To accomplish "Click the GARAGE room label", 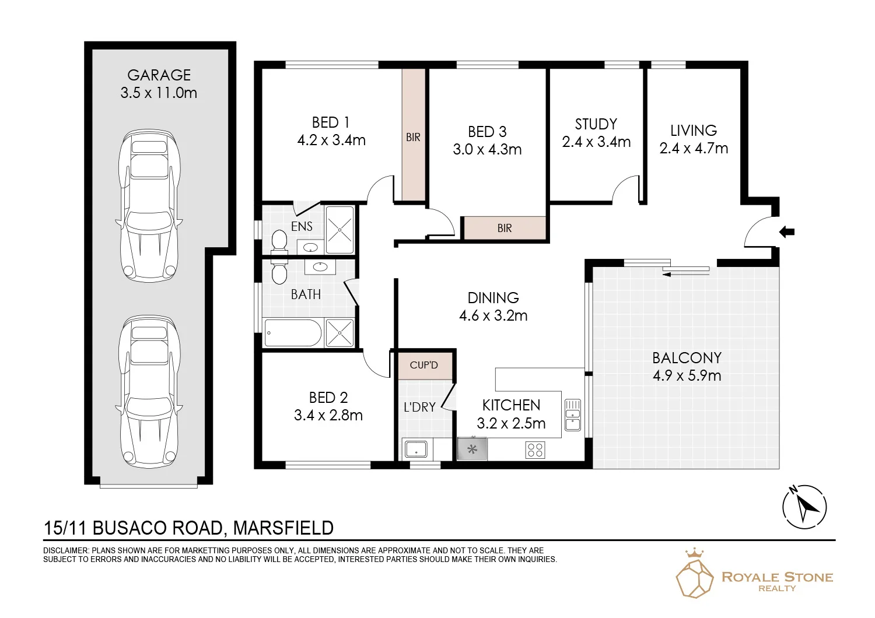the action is tap(159, 75).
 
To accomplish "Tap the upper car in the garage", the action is tap(149, 206).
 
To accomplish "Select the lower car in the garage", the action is tap(149, 392).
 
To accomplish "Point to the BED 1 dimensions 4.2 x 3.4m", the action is tap(331, 140).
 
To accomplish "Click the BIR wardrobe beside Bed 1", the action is tap(414, 135).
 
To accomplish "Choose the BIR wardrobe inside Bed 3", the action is tap(505, 228).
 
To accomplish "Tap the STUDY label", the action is tap(596, 124).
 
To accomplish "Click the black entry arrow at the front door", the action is tap(787, 232).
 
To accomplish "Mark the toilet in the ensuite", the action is tap(279, 240).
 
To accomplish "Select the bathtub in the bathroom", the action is tap(293, 333).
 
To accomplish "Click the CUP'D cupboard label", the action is tap(424, 365).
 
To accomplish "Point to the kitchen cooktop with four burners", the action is tap(535, 450).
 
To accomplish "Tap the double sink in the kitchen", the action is tap(573, 415).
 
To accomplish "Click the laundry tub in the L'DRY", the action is tap(416, 449).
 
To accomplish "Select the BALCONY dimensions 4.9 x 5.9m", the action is tap(687, 375).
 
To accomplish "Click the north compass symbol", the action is tap(804, 507).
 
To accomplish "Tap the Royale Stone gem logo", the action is tap(695, 574).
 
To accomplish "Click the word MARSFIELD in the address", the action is tap(283, 528).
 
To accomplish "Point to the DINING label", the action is tap(494, 298).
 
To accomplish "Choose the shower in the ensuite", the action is tap(340, 230).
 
